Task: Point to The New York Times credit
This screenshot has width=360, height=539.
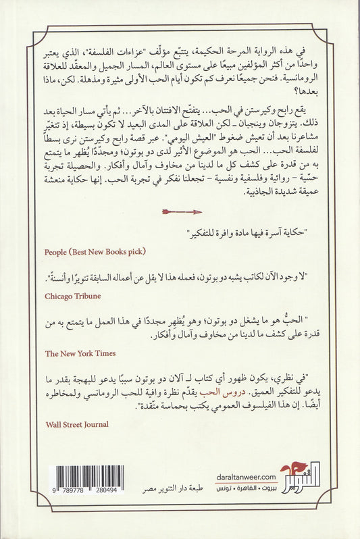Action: pyautogui.click(x=80, y=353)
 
